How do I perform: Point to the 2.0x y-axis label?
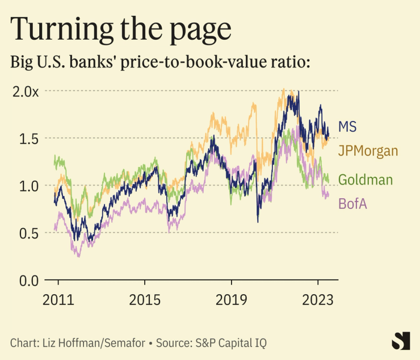point(26,91)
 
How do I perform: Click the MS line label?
point(347,127)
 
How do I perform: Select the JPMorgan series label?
point(368,151)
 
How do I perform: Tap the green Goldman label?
point(366,181)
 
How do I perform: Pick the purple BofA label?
point(352,203)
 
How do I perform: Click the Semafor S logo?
point(401,341)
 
